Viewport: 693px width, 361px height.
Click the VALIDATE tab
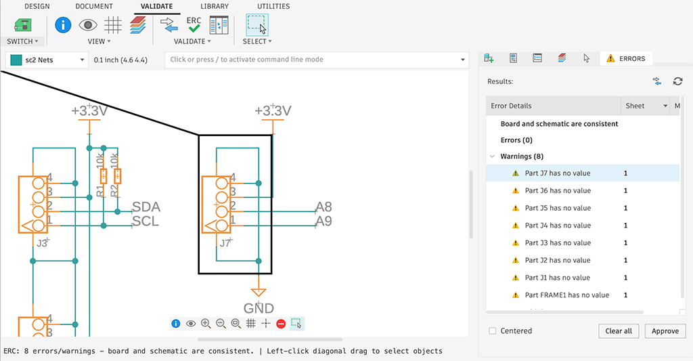coord(156,7)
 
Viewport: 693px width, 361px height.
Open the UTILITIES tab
coord(273,7)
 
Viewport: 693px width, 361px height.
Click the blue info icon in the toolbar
coord(63,25)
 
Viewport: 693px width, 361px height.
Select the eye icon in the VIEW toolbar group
coord(88,25)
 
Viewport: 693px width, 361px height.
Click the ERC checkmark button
coord(194,25)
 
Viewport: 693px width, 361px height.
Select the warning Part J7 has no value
coord(558,173)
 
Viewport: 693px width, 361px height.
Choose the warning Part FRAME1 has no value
coord(566,295)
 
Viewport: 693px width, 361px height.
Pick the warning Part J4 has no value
coord(558,226)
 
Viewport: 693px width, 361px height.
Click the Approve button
coord(665,331)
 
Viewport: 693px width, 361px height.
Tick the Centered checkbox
coord(493,331)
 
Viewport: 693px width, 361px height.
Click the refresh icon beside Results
coord(677,81)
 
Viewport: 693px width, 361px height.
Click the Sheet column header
coord(635,106)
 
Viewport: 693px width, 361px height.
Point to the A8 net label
coord(323,207)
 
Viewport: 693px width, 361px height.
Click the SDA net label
coord(146,207)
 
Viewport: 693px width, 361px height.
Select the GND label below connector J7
coord(259,308)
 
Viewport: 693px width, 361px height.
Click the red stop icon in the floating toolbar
coord(281,324)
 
